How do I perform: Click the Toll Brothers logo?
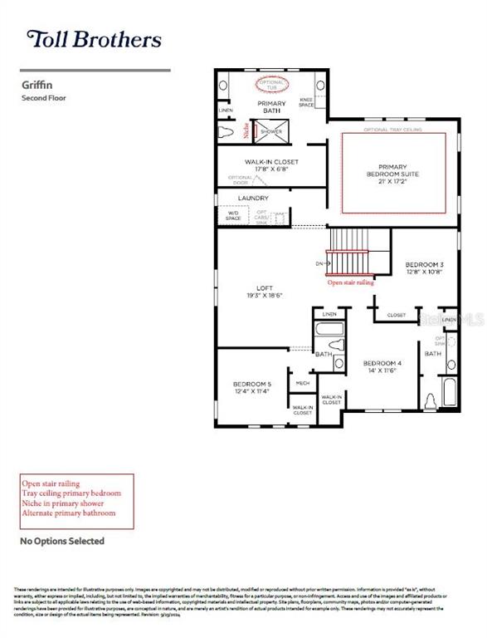(x=94, y=38)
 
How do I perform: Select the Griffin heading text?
(x=34, y=84)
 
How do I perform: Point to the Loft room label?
(x=265, y=291)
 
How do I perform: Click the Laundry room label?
(x=253, y=198)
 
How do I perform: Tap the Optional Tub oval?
(x=271, y=84)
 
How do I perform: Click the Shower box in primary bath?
(x=271, y=131)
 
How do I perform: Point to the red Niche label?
(x=246, y=130)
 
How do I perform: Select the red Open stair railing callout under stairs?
(x=350, y=282)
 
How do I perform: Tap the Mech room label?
(x=302, y=384)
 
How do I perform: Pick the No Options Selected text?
(x=62, y=541)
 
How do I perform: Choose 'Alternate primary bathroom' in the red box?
(x=69, y=513)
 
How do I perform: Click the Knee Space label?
(x=306, y=103)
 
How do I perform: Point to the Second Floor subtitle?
(x=43, y=98)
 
